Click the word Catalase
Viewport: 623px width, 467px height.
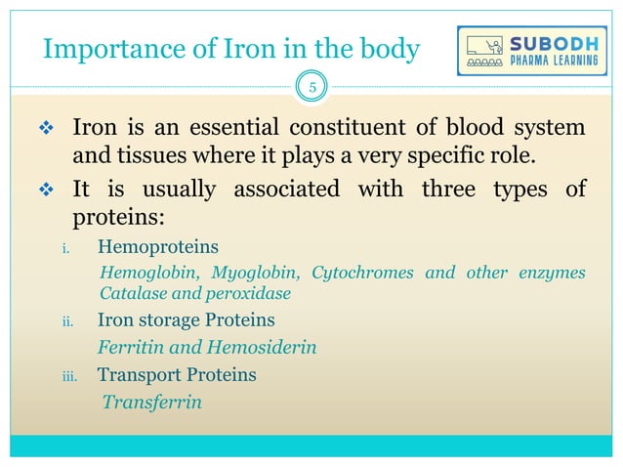coord(133,292)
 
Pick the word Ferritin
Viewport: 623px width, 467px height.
coord(131,347)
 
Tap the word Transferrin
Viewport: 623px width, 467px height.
coord(152,401)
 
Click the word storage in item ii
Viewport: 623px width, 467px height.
coord(170,320)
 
